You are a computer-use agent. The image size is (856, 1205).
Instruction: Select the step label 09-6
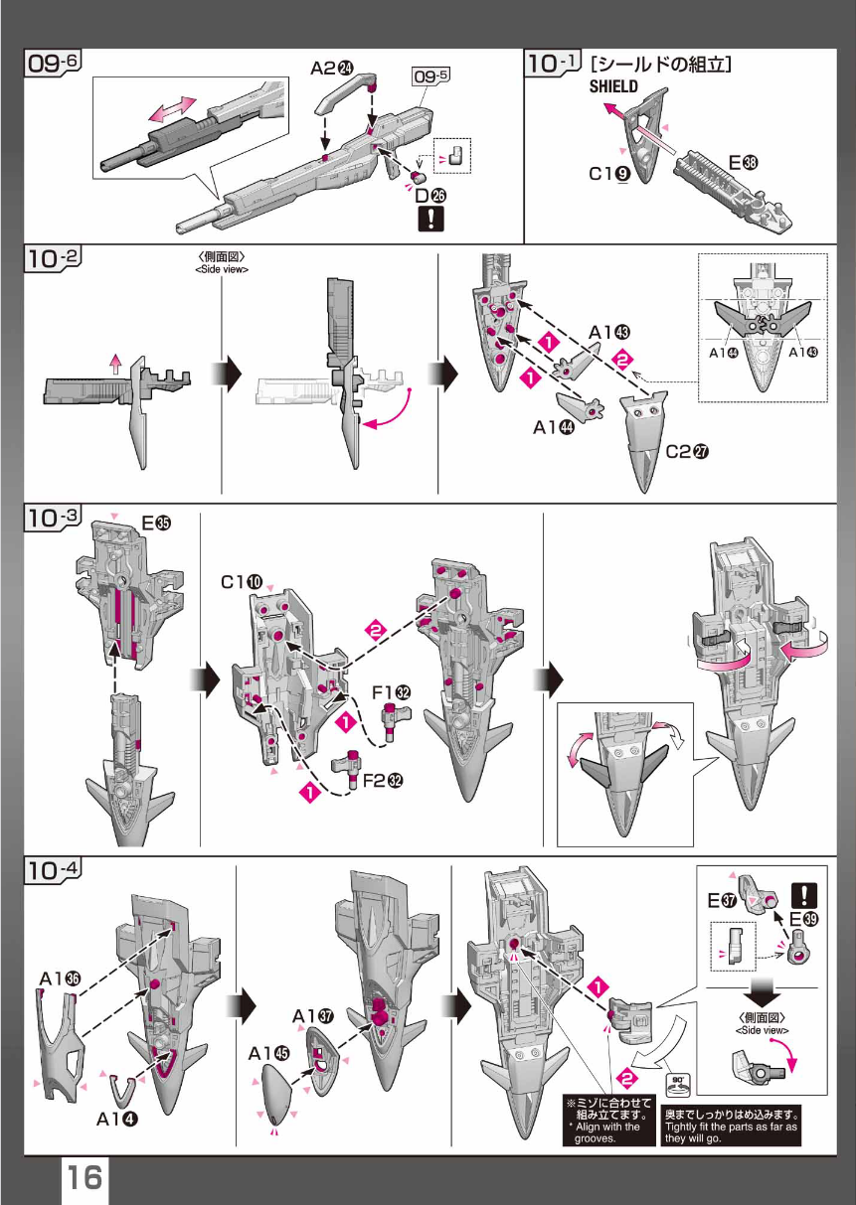(x=53, y=63)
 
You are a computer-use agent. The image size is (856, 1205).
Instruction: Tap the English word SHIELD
(x=613, y=86)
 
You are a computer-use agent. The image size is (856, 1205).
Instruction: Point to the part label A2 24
(x=332, y=68)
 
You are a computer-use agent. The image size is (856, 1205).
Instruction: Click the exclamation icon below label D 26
(x=430, y=219)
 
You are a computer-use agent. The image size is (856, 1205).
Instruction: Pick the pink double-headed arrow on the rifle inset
(x=173, y=109)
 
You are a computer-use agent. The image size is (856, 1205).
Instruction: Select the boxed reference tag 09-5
(x=430, y=75)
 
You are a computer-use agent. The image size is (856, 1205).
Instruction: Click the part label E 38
(x=743, y=163)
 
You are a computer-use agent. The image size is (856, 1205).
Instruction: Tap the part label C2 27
(x=688, y=451)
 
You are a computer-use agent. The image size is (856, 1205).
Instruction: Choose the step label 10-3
(x=53, y=518)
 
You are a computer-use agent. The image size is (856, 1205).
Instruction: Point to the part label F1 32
(x=392, y=692)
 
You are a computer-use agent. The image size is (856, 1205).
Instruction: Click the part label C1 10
(x=242, y=582)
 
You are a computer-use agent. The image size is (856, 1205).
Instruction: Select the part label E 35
(x=156, y=523)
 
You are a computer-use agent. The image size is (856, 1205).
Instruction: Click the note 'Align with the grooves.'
(x=607, y=1132)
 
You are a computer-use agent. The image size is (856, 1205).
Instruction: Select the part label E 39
(x=803, y=919)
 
